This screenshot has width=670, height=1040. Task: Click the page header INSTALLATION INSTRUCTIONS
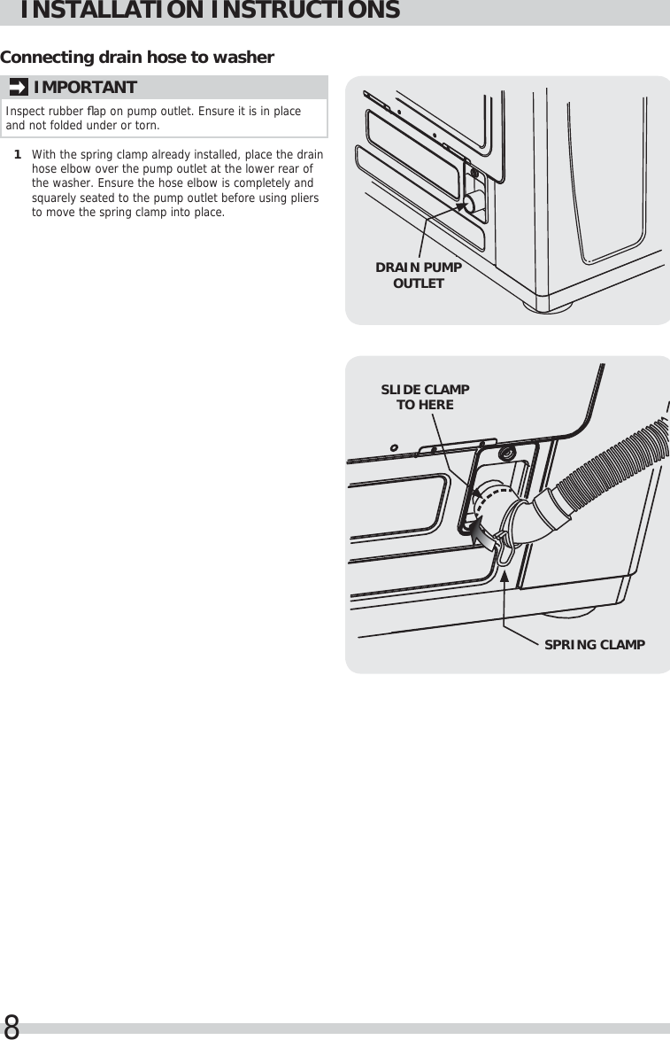click(209, 12)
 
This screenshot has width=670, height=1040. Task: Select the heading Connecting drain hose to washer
click(137, 58)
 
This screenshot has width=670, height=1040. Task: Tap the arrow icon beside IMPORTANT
click(18, 87)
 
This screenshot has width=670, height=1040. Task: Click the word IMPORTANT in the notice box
click(85, 87)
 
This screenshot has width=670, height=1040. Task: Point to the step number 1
click(17, 155)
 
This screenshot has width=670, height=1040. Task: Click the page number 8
click(12, 1027)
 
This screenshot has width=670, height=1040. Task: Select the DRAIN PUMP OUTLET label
click(419, 276)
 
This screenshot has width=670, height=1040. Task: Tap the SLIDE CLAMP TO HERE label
click(425, 397)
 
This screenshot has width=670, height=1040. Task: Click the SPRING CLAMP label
click(594, 644)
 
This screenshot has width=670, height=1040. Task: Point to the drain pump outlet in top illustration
click(474, 202)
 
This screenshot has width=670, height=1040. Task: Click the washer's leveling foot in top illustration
click(546, 306)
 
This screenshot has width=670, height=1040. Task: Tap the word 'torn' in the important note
click(148, 125)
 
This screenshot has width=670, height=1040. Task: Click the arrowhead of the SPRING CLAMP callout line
click(504, 576)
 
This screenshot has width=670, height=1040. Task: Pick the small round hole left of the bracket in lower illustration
click(394, 447)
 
